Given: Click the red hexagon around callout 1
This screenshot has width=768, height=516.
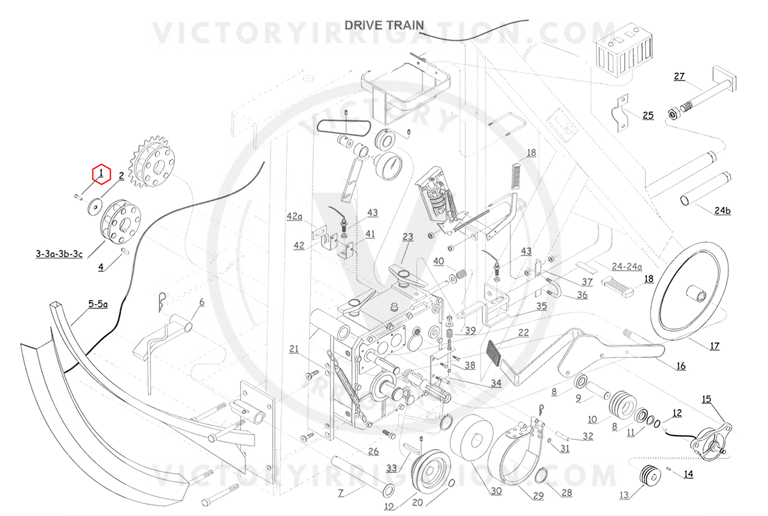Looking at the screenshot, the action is (102, 174).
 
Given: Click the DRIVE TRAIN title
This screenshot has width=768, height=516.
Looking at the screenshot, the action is (384, 25).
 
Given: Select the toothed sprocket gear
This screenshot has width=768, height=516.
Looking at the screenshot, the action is (152, 161).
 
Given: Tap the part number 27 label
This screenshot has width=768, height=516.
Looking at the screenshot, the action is (679, 76).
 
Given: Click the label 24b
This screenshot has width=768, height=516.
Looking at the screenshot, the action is (723, 210).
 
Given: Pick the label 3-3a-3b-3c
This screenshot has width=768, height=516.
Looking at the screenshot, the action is (59, 254).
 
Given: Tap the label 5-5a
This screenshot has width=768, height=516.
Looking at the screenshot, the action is (98, 303).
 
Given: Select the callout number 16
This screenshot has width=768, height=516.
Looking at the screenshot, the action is (681, 367).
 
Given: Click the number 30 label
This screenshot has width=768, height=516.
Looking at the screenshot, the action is (496, 491).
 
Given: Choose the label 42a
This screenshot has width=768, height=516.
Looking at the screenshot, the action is (295, 216).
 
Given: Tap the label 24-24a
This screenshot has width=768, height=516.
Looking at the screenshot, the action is (627, 266).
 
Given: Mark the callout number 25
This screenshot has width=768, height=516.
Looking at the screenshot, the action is (648, 116).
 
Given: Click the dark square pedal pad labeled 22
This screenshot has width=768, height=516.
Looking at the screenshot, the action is (494, 351).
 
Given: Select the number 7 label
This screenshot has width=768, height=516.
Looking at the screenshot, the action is (341, 493).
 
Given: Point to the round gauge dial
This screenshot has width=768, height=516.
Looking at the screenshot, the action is (388, 165).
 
